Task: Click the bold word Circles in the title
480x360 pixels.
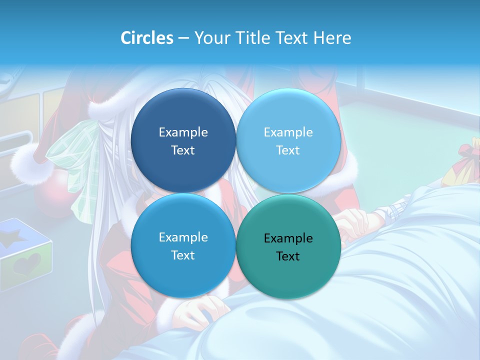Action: pyautogui.click(x=147, y=38)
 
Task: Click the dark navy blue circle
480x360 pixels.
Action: pyautogui.click(x=183, y=140)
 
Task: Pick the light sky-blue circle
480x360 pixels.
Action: pyautogui.click(x=288, y=140)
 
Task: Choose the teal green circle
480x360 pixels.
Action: pyautogui.click(x=288, y=246)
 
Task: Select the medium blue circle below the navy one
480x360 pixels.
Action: pyautogui.click(x=183, y=246)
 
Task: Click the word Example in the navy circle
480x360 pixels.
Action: pyautogui.click(x=183, y=132)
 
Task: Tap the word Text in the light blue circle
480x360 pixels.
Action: pyautogui.click(x=288, y=150)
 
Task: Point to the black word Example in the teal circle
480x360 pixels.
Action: pyautogui.click(x=288, y=238)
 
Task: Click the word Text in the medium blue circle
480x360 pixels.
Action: pyautogui.click(x=183, y=255)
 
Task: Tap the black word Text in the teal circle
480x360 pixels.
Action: pyautogui.click(x=288, y=256)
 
